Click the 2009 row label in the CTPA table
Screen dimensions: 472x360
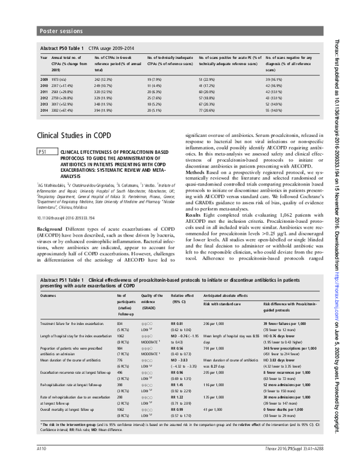pyautogui.click(x=44, y=79)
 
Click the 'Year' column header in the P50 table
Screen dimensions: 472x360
pyautogui.click(x=44, y=57)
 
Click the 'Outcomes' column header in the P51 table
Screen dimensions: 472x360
pyautogui.click(x=49, y=296)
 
